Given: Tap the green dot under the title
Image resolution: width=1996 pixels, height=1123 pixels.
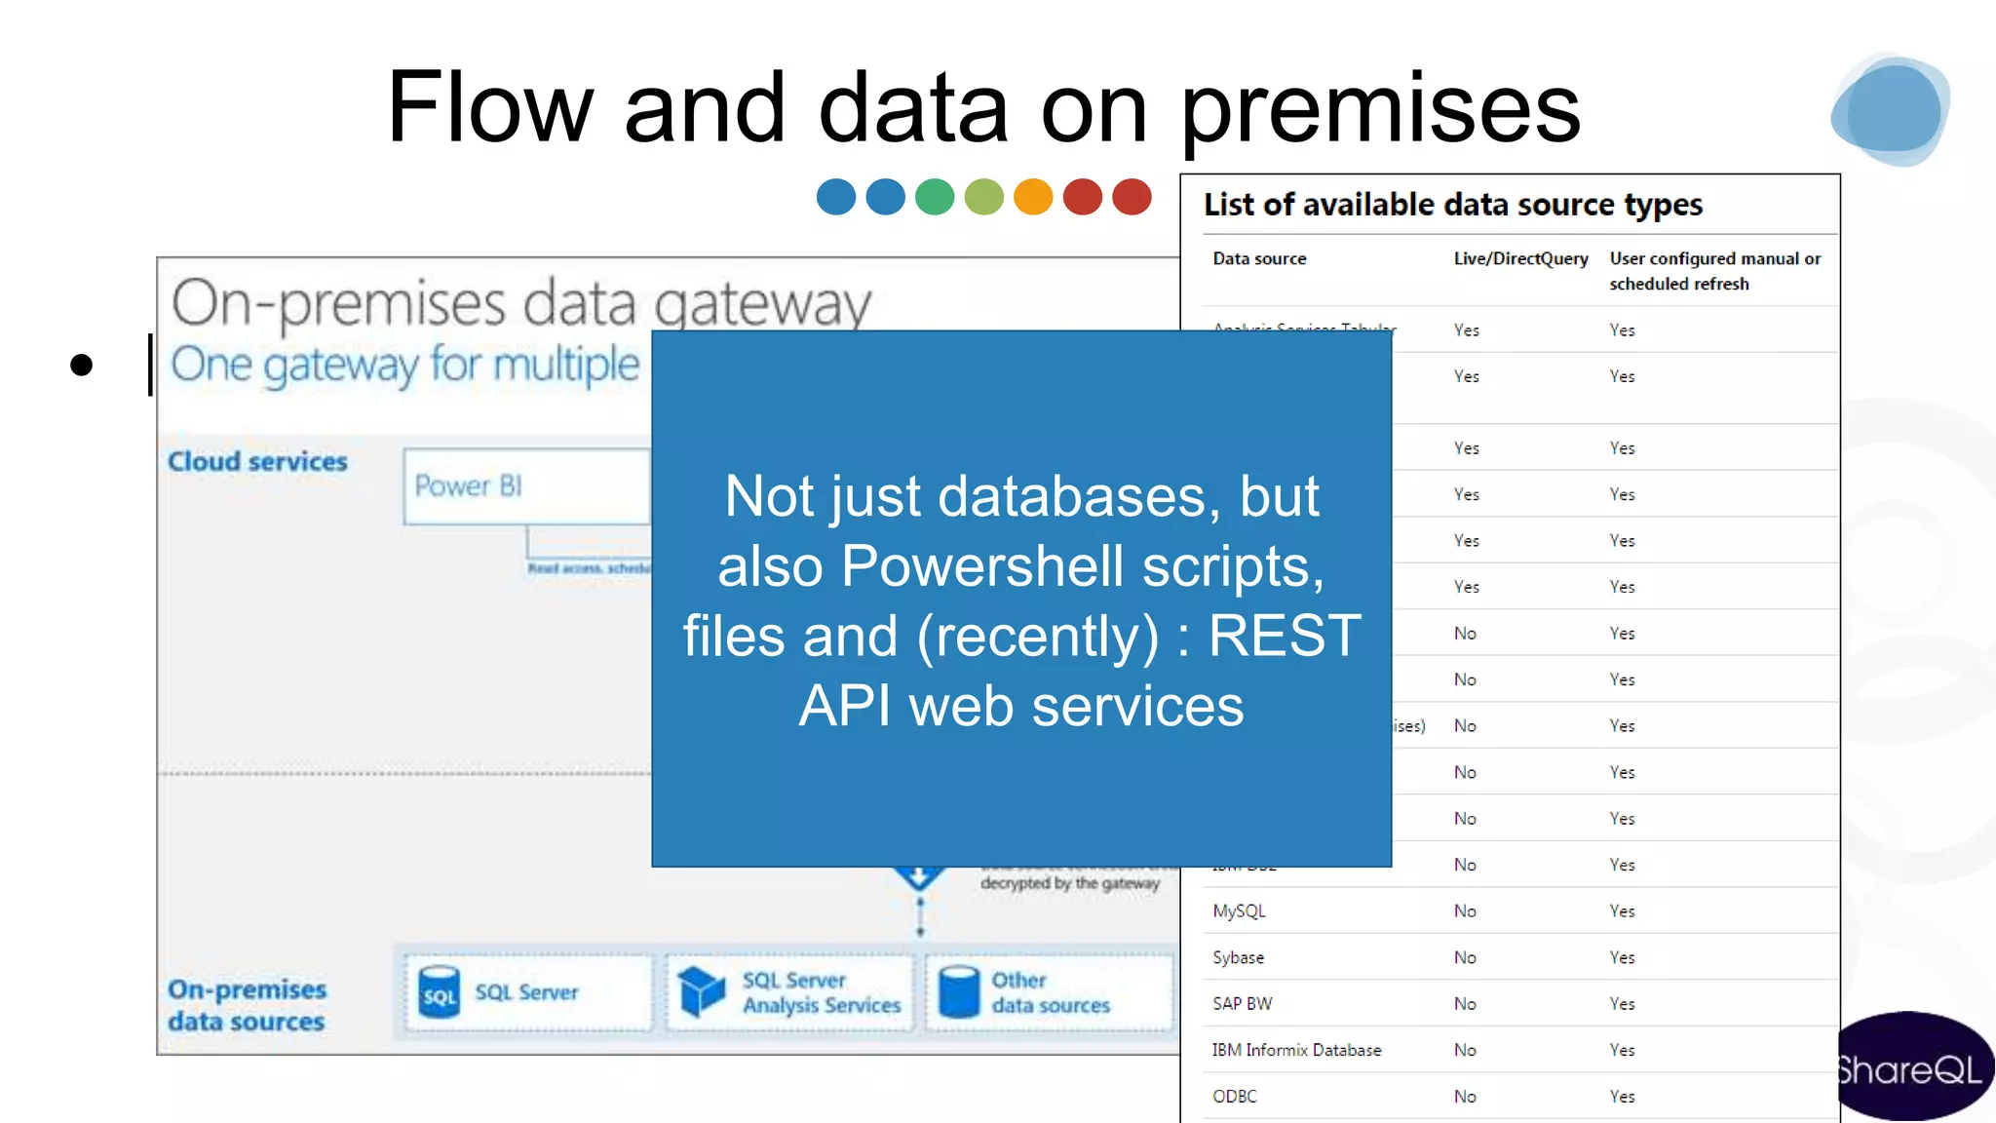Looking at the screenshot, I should click(935, 197).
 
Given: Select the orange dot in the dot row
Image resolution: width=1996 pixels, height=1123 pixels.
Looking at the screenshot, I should click(1033, 197).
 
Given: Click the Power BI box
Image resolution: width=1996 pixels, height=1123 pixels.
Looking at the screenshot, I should click(526, 485).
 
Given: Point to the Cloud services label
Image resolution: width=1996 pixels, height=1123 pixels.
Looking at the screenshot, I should click(257, 461).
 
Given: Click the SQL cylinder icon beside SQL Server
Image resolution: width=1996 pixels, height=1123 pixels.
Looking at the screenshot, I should click(439, 992).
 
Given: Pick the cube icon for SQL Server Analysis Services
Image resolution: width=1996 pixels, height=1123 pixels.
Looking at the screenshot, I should click(701, 992).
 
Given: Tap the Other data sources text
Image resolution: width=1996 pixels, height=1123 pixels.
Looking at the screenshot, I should click(1050, 992).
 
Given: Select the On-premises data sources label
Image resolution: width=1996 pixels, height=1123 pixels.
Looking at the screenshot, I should click(247, 1005).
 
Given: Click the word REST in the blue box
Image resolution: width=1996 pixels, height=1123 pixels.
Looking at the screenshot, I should click(1284, 636).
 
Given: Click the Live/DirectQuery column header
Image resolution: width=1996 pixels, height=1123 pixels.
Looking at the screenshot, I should click(1520, 258).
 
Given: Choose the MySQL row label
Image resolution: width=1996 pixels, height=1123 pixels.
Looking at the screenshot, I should click(1239, 911).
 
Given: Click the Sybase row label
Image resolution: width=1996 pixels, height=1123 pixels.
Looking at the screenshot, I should click(1238, 957).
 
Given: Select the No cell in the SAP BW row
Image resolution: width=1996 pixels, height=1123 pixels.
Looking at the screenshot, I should click(1465, 1004).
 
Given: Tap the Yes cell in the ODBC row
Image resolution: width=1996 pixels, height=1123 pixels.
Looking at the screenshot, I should click(1622, 1097).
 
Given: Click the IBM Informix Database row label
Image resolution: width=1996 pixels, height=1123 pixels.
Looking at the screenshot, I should click(1296, 1050).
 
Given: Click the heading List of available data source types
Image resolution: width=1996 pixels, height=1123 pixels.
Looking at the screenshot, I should click(1452, 205).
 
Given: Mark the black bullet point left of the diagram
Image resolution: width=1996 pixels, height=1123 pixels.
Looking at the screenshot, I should click(82, 366).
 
